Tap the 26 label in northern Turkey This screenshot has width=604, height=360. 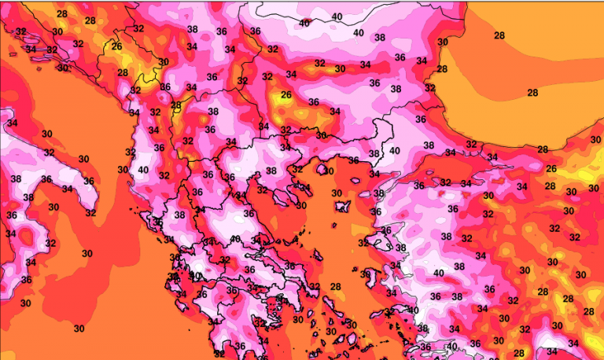[x=551, y=169]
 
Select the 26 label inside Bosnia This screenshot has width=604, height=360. [x=117, y=46]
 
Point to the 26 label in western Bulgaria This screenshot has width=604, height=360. [x=285, y=95]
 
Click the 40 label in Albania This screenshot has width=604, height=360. [x=143, y=169]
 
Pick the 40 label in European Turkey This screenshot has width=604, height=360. [x=394, y=151]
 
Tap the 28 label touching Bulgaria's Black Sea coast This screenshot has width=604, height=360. [x=442, y=69]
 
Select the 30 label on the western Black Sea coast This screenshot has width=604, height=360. [x=443, y=42]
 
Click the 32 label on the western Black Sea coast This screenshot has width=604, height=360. [x=430, y=88]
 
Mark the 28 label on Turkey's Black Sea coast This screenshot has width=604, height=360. [x=543, y=149]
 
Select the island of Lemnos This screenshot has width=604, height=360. [x=343, y=207]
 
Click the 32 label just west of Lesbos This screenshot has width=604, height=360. [x=363, y=243]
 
